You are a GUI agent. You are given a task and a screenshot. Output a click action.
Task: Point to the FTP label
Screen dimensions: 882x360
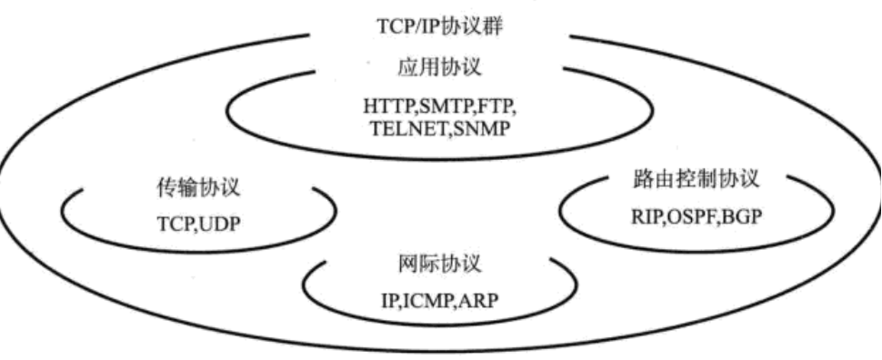coord(496,106)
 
